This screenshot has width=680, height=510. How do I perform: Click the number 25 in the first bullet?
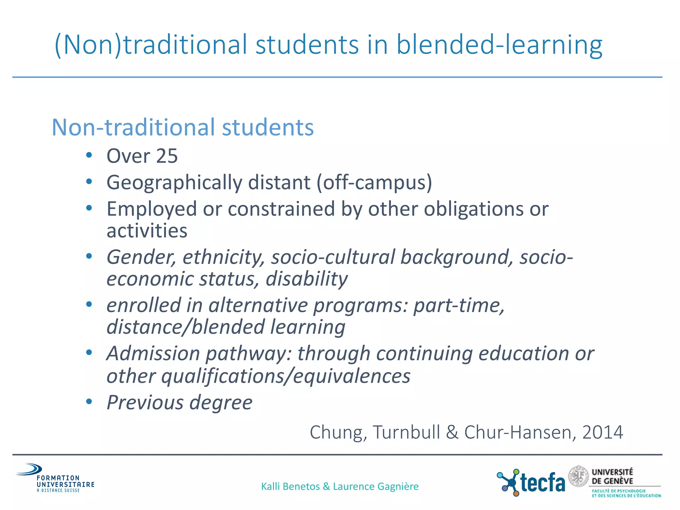(167, 156)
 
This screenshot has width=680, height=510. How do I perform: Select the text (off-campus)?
(374, 183)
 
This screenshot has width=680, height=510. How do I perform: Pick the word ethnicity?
(223, 257)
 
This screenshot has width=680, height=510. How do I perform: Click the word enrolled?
(144, 305)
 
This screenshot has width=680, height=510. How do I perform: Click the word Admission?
(153, 354)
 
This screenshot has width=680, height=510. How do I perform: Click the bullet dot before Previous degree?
(89, 402)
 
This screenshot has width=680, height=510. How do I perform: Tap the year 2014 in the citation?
(602, 433)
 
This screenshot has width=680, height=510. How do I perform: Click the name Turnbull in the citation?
(406, 433)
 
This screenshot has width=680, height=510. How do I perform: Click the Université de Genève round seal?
(578, 476)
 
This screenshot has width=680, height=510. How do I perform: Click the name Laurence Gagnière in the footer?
(376, 486)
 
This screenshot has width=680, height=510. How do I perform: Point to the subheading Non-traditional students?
(183, 127)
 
